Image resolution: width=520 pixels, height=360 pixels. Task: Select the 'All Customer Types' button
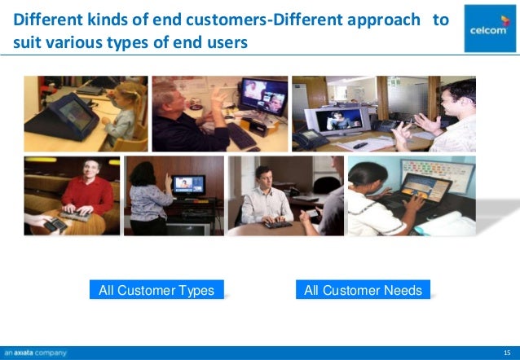click(156, 290)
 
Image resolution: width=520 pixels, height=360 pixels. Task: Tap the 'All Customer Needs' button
click(363, 290)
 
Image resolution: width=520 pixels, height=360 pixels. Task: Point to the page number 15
click(506, 353)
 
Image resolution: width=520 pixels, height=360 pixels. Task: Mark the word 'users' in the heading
click(225, 41)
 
